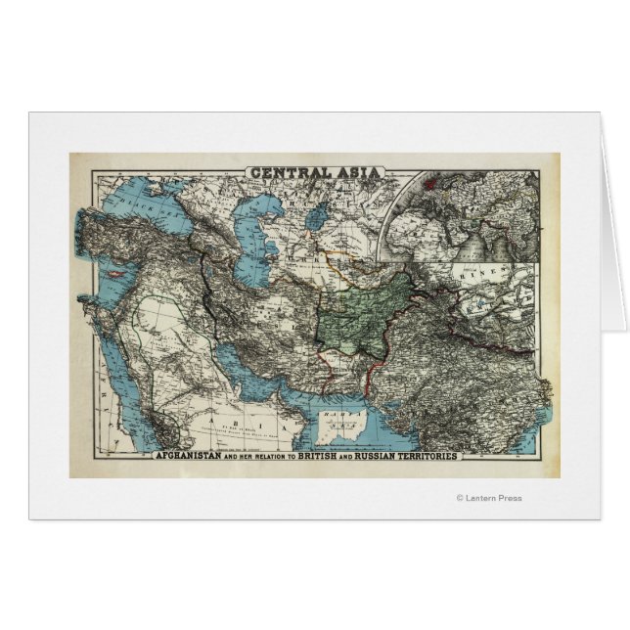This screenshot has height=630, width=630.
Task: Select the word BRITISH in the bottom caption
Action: coord(354,457)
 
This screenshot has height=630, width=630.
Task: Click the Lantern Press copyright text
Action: coord(489,498)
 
